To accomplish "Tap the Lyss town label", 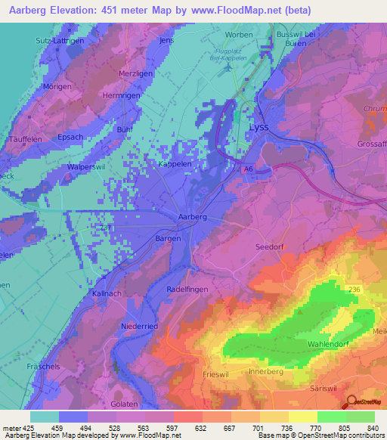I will pyautogui.click(x=259, y=128).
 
